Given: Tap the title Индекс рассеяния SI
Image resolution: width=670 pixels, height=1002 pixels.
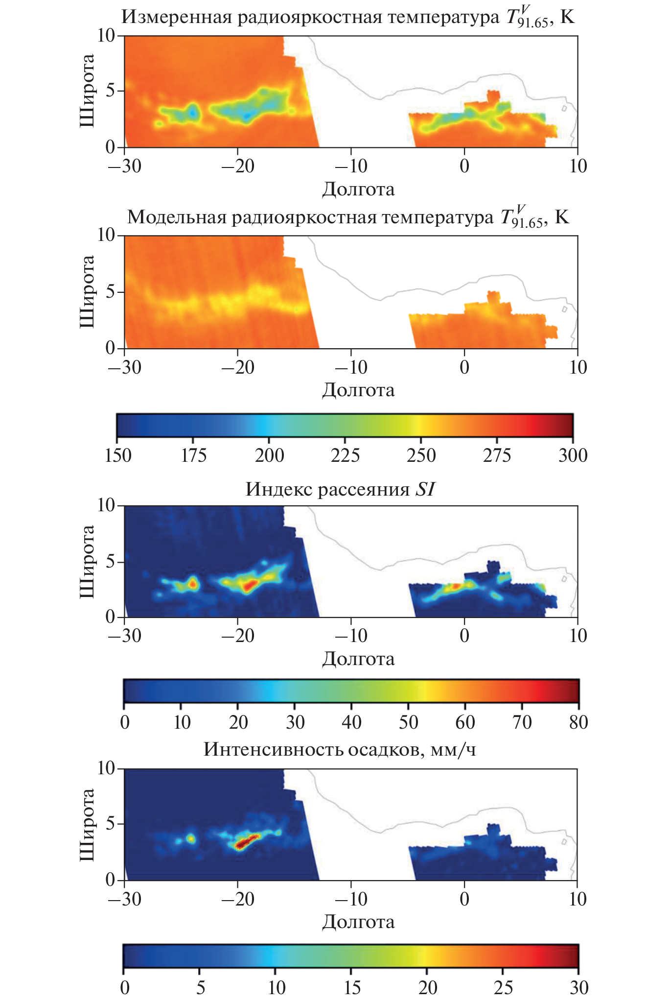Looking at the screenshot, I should pyautogui.click(x=340, y=489).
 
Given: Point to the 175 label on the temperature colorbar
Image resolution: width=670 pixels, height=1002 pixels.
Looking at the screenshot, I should pyautogui.click(x=194, y=455).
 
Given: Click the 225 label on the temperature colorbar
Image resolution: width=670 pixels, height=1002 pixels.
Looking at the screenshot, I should pyautogui.click(x=345, y=455).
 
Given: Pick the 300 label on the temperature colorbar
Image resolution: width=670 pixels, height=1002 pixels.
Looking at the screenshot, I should pyautogui.click(x=573, y=455).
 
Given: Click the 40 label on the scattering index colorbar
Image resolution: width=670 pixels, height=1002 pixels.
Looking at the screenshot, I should pyautogui.click(x=351, y=722).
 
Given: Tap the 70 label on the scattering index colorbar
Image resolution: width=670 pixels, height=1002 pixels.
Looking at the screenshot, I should pyautogui.click(x=522, y=722).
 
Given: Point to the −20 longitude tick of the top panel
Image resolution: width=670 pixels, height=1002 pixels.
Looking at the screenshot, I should pyautogui.click(x=237, y=166).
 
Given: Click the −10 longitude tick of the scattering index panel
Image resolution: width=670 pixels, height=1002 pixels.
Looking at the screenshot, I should pyautogui.click(x=350, y=636).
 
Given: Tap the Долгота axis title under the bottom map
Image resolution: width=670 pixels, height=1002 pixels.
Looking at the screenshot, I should pyautogui.click(x=358, y=922).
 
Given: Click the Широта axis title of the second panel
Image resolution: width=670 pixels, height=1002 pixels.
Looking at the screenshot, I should pyautogui.click(x=87, y=291).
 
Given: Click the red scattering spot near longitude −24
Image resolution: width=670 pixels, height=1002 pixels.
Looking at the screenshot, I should pyautogui.click(x=192, y=583).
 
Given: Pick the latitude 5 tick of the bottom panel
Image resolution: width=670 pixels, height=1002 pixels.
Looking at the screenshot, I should pyautogui.click(x=110, y=824).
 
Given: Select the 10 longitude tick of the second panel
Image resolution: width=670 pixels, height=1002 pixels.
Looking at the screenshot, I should pyautogui.click(x=578, y=367).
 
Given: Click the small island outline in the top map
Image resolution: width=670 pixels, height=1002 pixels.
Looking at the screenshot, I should pyautogui.click(x=564, y=108).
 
